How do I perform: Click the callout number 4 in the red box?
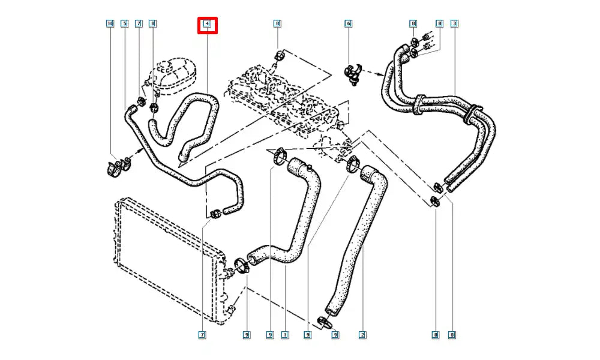[207, 25]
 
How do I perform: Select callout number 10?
[110, 24]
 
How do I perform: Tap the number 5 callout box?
[124, 24]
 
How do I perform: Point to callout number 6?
[348, 24]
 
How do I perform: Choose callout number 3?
[454, 24]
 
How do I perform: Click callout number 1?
[285, 334]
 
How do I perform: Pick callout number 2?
[362, 334]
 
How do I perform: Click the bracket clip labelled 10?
[119, 167]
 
